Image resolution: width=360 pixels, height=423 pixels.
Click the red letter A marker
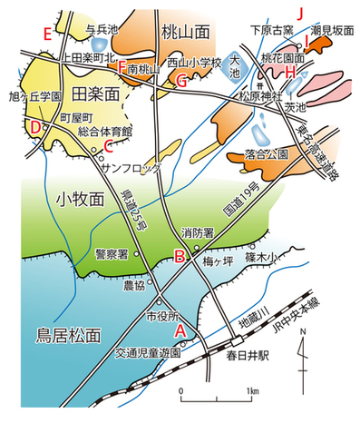pyautogui.click(x=180, y=330)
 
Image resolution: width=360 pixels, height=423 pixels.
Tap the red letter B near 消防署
pyautogui.click(x=180, y=256)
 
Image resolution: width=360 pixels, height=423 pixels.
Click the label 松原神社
pyautogui.click(x=258, y=93)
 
